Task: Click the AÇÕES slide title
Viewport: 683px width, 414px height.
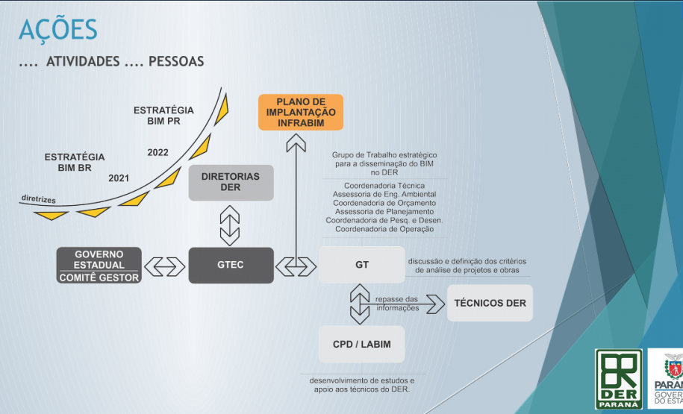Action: [x=57, y=30]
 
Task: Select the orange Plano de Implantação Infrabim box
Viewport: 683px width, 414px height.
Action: [x=301, y=112]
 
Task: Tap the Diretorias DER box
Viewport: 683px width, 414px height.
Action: [x=231, y=183]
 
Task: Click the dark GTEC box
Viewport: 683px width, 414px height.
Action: [x=231, y=265]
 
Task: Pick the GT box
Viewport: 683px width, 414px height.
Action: [x=362, y=265]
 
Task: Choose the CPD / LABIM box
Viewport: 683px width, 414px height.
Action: [x=362, y=345]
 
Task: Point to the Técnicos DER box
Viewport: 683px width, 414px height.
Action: [x=490, y=303]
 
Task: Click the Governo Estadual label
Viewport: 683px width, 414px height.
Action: [x=99, y=259]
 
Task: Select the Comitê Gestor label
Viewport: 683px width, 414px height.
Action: [x=99, y=277]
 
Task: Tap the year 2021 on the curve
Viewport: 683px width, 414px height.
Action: [x=119, y=178]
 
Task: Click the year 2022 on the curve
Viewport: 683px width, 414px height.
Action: [x=158, y=152]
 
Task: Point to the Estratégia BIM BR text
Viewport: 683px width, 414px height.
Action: [x=75, y=162]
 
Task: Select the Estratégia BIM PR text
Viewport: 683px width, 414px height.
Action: [x=164, y=115]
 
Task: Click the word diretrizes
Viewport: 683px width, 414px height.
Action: [x=38, y=200]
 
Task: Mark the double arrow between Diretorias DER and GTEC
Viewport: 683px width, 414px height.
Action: [x=230, y=225]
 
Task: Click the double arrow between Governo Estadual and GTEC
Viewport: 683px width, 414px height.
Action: [x=164, y=266]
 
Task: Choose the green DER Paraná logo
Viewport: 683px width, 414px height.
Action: [x=618, y=379]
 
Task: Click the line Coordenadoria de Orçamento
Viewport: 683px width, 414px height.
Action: [x=384, y=203]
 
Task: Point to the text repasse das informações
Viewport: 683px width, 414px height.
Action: [x=397, y=304]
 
